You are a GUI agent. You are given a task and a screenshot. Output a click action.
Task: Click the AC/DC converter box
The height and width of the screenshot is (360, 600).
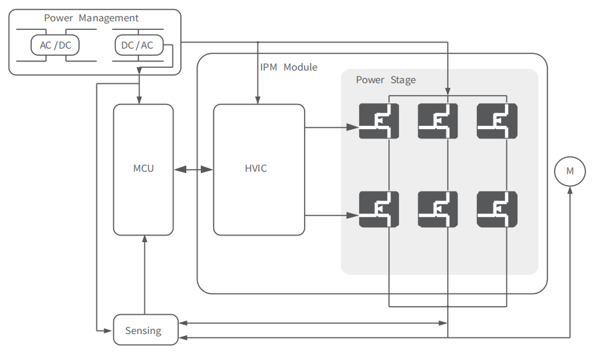coord(55,45)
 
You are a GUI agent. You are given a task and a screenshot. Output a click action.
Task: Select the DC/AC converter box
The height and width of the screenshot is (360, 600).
coord(138,45)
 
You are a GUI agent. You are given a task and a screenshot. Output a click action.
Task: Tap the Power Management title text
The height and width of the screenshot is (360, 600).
coord(91,18)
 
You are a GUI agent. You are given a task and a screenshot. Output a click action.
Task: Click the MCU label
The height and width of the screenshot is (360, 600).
coord(143,168)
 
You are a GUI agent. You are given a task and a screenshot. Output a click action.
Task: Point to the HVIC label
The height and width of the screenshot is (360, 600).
coord(255,168)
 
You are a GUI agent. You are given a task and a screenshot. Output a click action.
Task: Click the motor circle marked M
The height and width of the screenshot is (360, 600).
coord(569,171)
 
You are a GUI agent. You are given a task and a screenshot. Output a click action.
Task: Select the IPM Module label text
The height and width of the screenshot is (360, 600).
coord(289,67)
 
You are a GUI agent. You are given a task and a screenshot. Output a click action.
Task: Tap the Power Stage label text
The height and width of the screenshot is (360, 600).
coord(386,80)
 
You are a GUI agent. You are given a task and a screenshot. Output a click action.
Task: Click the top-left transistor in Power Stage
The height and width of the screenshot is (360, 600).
coord(379,121)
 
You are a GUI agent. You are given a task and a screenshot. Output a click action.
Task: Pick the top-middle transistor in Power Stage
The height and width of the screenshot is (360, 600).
coord(438,121)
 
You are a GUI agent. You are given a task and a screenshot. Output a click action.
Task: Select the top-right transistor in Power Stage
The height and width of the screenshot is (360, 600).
coord(497,121)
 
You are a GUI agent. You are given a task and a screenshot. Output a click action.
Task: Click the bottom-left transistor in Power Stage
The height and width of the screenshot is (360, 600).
coord(379,210)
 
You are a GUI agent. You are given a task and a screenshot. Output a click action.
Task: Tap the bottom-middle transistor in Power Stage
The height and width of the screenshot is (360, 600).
coord(438,210)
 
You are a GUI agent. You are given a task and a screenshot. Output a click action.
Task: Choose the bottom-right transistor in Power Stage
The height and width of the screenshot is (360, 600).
coord(497,210)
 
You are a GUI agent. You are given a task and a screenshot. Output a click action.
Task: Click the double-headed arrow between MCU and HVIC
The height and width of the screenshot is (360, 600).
coord(194,170)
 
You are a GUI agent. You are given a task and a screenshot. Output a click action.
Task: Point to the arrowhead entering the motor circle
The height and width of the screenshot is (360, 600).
coord(569,190)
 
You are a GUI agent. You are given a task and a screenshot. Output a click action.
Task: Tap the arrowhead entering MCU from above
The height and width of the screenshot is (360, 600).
coord(138,100)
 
